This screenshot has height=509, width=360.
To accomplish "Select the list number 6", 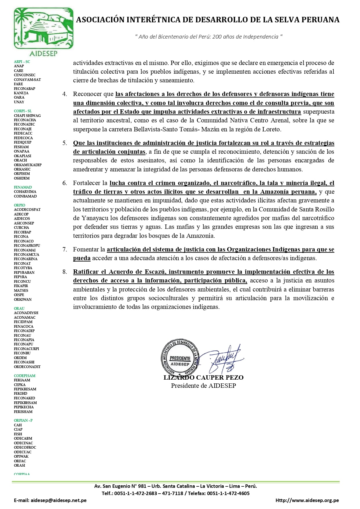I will click(65, 183).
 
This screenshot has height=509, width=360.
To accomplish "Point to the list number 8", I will click(65, 272).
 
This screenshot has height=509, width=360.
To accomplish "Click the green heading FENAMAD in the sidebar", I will click(23, 187).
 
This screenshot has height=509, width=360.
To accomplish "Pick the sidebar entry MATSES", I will click(21, 290).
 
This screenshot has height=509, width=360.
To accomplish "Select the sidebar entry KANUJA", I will click(21, 93).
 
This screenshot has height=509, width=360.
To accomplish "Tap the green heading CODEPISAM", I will click(25, 376).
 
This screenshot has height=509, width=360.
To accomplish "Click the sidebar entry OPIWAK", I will click(21, 457).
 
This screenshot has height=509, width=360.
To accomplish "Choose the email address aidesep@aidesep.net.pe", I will click(58, 500).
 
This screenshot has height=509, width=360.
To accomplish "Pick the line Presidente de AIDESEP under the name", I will click(203, 386).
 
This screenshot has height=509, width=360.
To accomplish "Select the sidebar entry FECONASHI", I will click(24, 362).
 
